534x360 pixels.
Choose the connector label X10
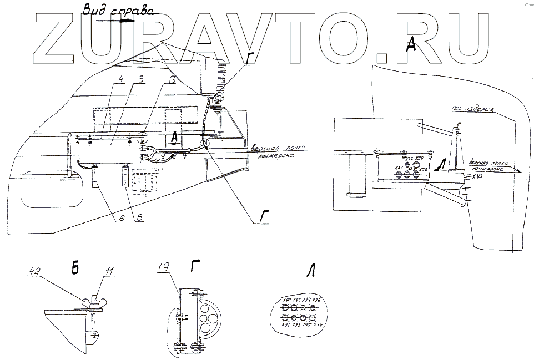coord(475,176)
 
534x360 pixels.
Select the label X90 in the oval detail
coord(286,300)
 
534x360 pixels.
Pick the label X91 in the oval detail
coord(286,325)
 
